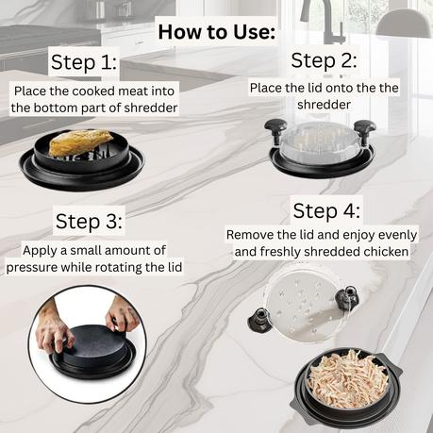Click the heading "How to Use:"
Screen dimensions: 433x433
217,32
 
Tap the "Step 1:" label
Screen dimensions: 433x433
84,62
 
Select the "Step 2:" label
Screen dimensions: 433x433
324,60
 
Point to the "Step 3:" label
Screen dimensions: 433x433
89,221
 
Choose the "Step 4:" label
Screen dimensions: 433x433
326,210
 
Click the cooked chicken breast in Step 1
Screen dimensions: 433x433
80,142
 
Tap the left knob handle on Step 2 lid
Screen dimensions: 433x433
275,131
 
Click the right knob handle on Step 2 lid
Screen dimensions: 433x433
365,131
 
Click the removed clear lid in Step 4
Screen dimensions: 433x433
303,308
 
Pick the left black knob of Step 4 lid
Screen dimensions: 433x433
260,319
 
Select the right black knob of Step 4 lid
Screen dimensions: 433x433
347,297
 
